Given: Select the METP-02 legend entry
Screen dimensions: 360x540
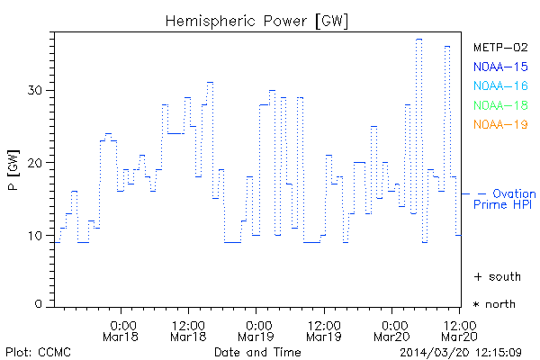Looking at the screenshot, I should tap(500, 47).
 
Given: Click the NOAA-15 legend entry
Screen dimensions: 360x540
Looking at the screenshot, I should tap(500, 67).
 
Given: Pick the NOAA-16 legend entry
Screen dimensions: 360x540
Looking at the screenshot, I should tap(500, 86).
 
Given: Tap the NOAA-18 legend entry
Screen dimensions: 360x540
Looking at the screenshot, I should tap(500, 105).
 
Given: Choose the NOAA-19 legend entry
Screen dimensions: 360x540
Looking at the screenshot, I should tap(500, 124).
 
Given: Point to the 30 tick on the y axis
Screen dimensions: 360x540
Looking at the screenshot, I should tap(35, 90).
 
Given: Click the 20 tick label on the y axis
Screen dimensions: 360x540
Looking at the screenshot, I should tap(35, 163).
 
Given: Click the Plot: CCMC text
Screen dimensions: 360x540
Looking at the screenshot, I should tap(37, 350).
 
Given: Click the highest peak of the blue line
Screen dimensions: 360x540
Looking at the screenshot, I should tap(418, 39).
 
